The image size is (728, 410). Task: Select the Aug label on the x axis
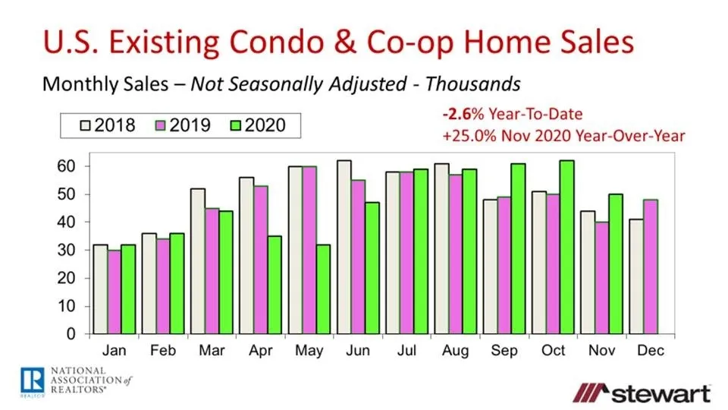[455, 352]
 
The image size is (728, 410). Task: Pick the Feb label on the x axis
[163, 352]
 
